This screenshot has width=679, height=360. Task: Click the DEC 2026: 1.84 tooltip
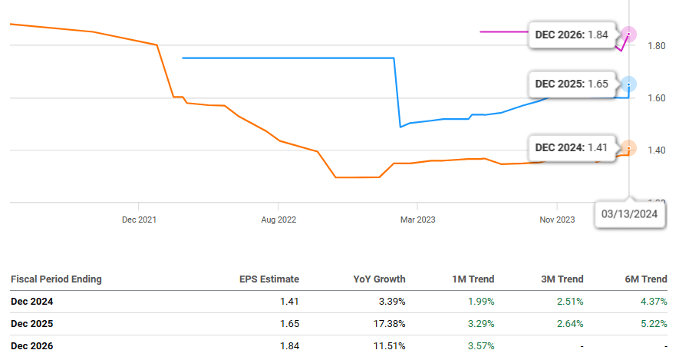[571, 35]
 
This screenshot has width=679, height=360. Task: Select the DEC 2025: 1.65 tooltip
[571, 84]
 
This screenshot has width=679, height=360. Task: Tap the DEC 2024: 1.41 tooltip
[571, 147]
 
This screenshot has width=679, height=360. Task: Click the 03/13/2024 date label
[629, 214]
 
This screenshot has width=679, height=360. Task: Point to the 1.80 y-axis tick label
[655, 46]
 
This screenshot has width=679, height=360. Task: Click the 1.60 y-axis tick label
[655, 98]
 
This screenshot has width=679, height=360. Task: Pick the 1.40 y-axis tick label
[655, 150]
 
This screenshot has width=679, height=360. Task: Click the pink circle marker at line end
[629, 34]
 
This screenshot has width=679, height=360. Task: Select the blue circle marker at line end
[629, 84]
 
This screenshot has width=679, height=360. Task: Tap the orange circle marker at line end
[629, 148]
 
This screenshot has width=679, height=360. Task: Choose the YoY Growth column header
[380, 279]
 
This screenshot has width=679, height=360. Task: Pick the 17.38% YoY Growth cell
[389, 324]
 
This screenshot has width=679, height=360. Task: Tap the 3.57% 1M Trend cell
[480, 346]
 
